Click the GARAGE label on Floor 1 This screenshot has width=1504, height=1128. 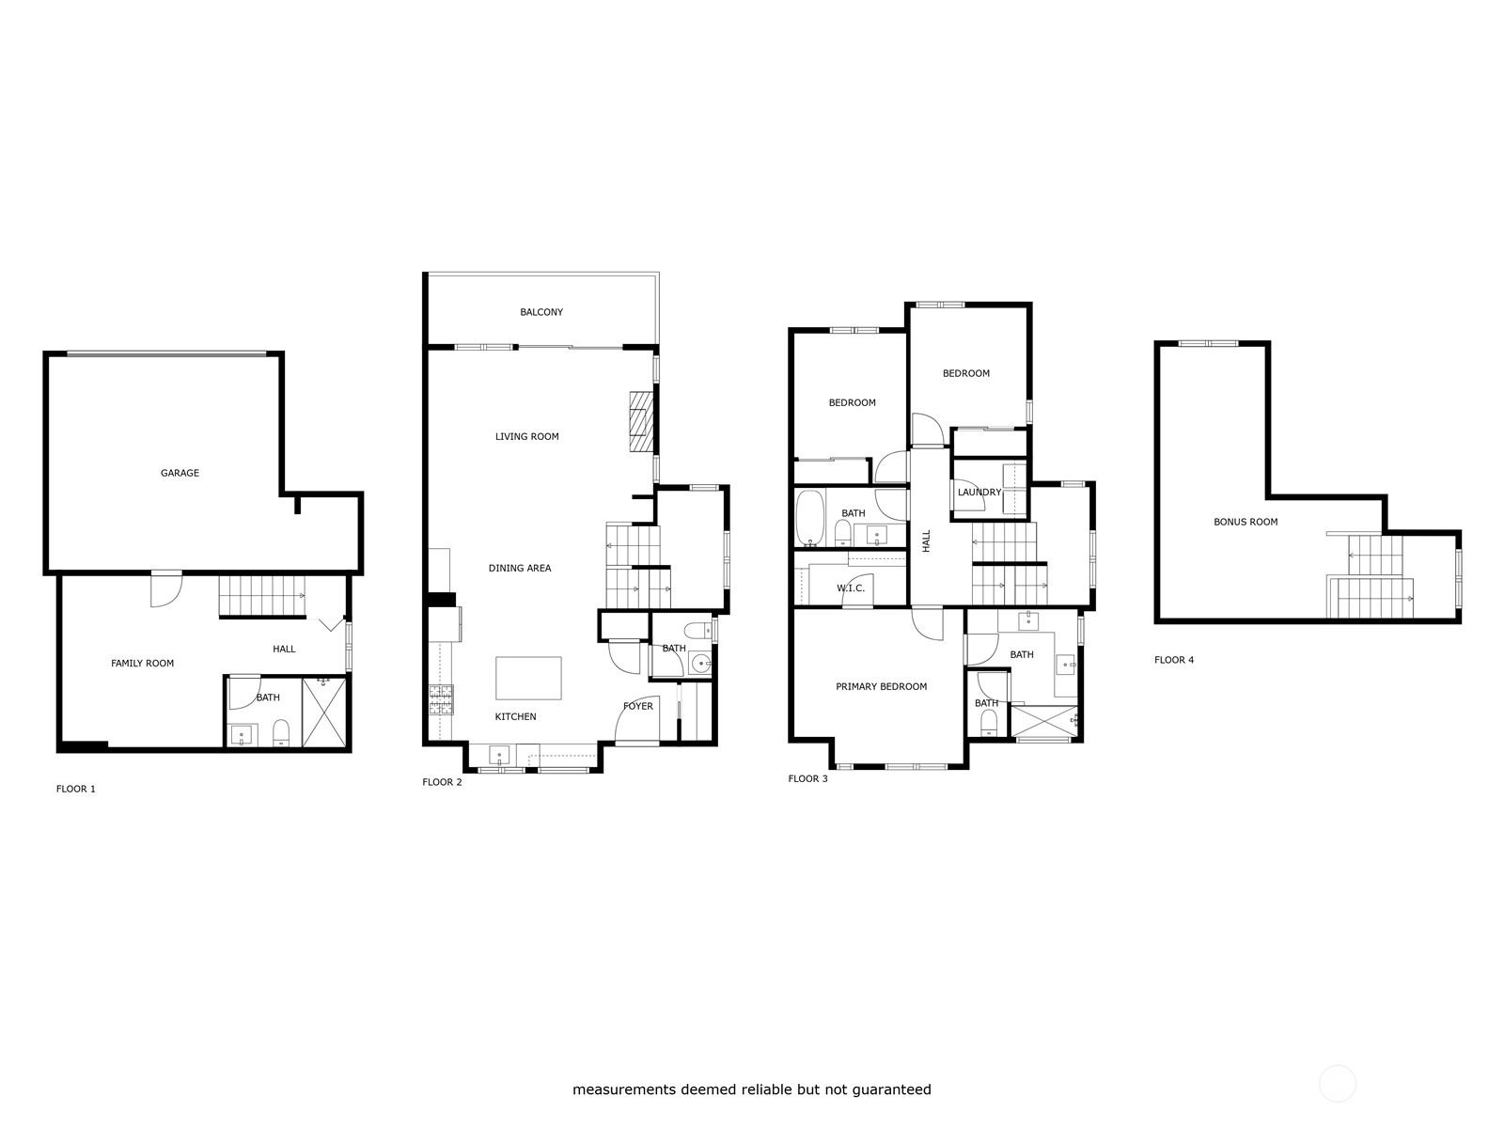click(180, 473)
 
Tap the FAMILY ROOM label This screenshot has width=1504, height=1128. click(143, 663)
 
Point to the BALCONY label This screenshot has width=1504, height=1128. click(541, 312)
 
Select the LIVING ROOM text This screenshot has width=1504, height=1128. click(527, 436)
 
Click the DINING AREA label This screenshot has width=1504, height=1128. click(520, 568)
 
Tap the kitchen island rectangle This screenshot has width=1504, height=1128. click(528, 678)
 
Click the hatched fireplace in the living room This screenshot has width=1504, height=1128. click(641, 422)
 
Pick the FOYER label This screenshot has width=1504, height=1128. click(638, 706)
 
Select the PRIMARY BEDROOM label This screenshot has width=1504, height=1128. click(881, 686)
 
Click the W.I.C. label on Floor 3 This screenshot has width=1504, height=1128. click(851, 588)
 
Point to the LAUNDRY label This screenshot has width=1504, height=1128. click(979, 492)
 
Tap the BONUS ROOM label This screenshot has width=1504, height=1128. click(1245, 522)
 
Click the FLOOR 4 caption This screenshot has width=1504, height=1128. click(1174, 660)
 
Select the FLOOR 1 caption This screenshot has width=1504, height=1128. click(75, 789)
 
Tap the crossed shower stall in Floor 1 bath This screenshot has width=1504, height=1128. click(324, 713)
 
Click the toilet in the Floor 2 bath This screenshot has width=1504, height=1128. click(697, 629)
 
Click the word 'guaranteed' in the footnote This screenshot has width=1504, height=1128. click(891, 1089)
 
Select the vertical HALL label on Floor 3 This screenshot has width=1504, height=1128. click(927, 541)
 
